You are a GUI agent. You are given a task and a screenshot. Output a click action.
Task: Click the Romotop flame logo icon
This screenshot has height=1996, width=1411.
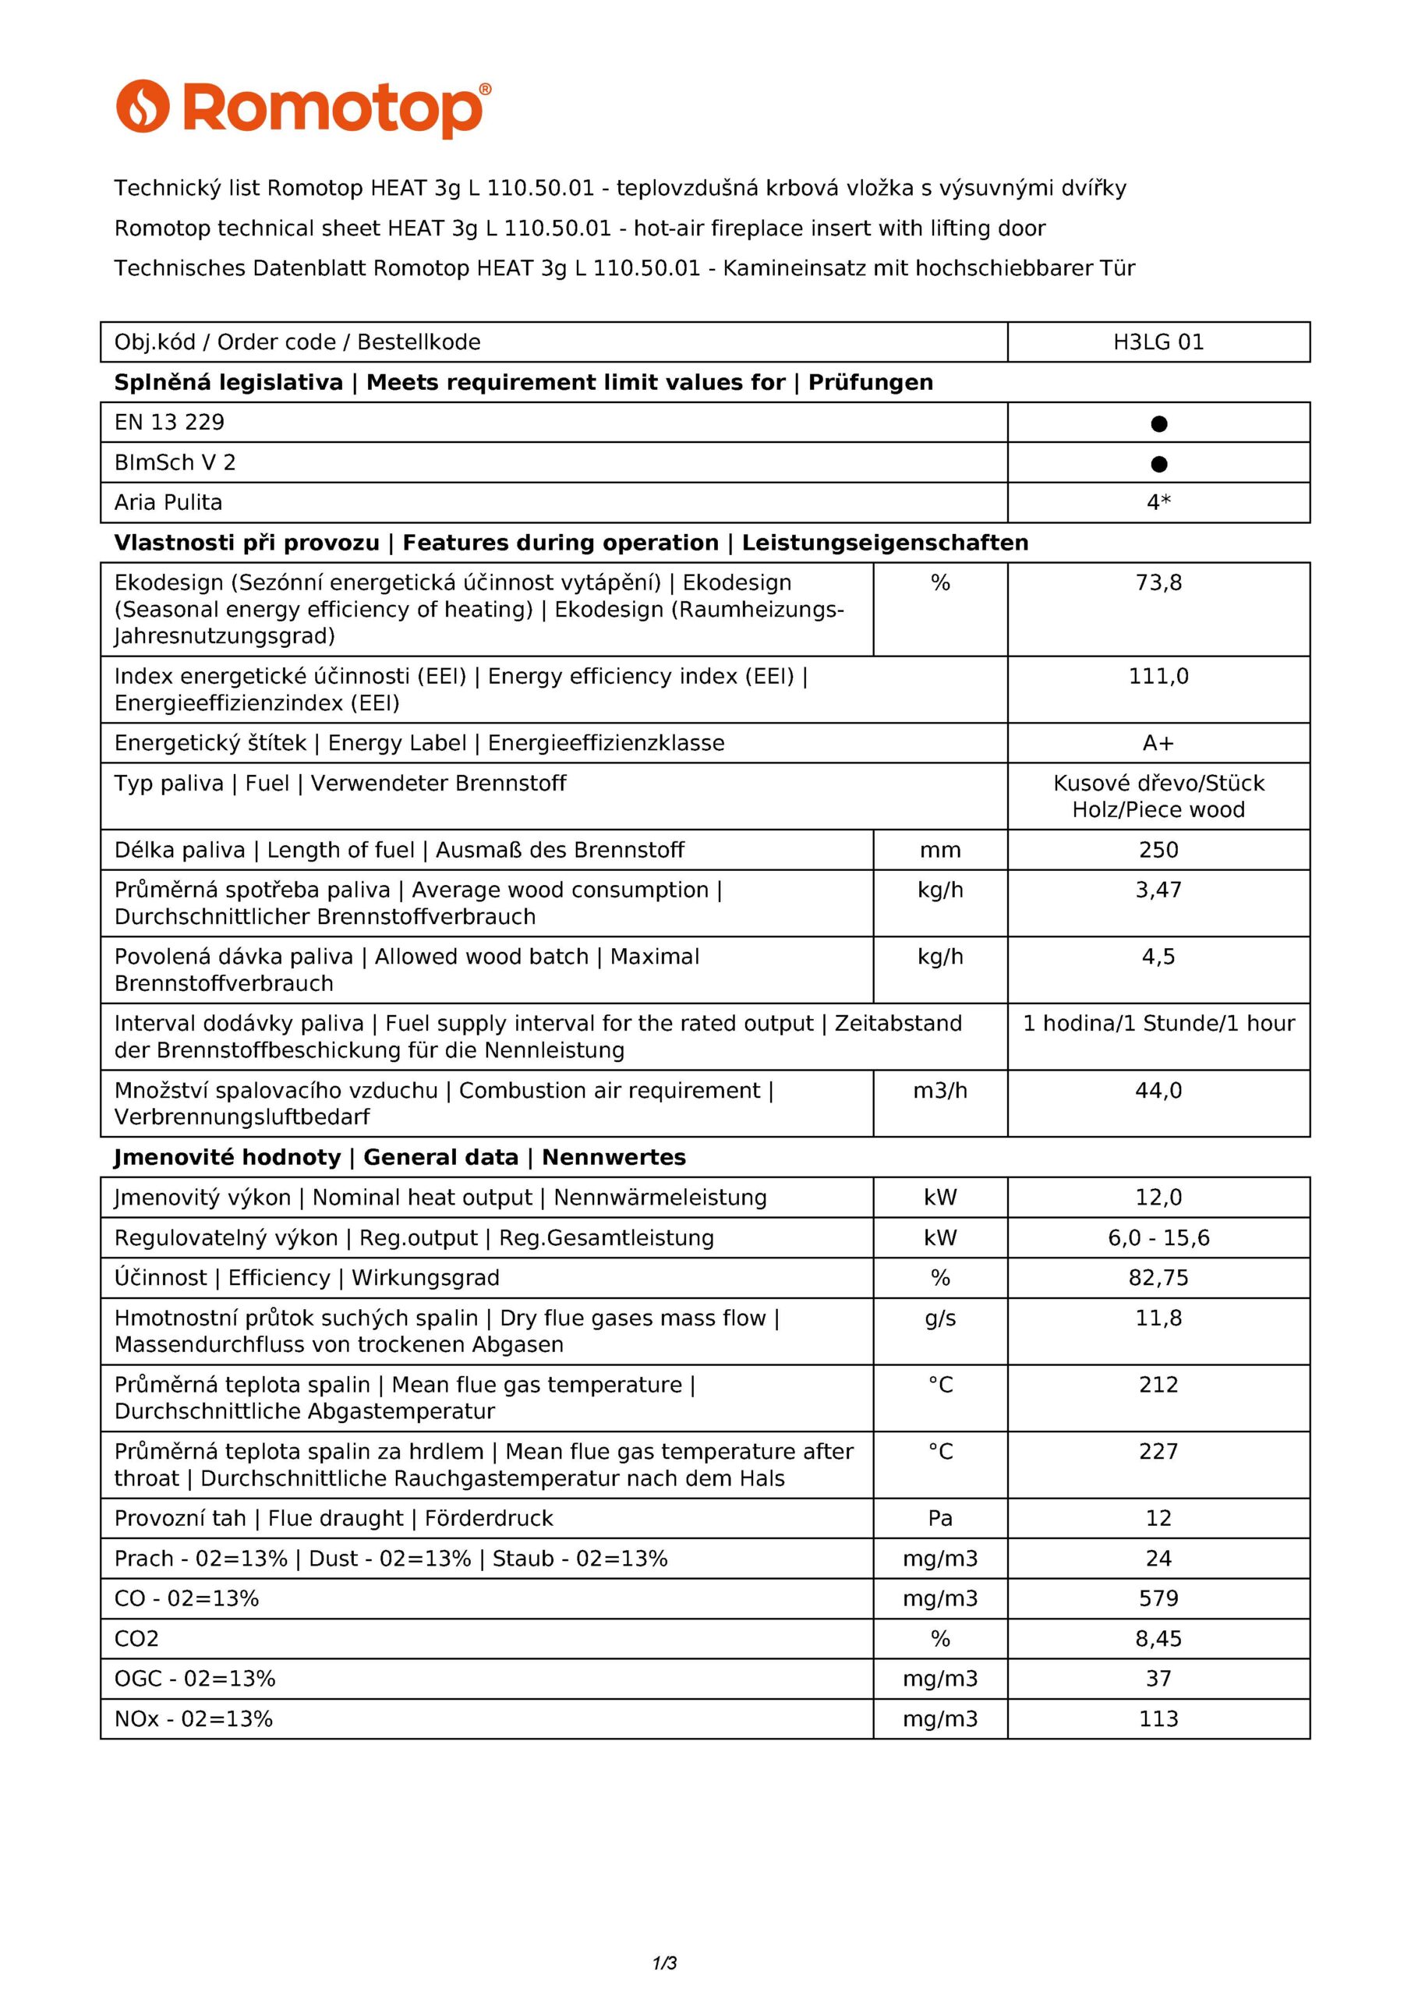[143, 106]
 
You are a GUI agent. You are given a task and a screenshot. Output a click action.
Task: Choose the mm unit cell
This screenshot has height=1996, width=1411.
[940, 850]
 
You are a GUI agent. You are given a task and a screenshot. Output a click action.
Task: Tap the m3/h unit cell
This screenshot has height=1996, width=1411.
[940, 1090]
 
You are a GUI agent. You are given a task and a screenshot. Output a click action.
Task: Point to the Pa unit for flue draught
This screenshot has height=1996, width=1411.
[940, 1519]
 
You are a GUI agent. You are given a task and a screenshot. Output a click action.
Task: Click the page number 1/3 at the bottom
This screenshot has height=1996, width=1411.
[664, 1962]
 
